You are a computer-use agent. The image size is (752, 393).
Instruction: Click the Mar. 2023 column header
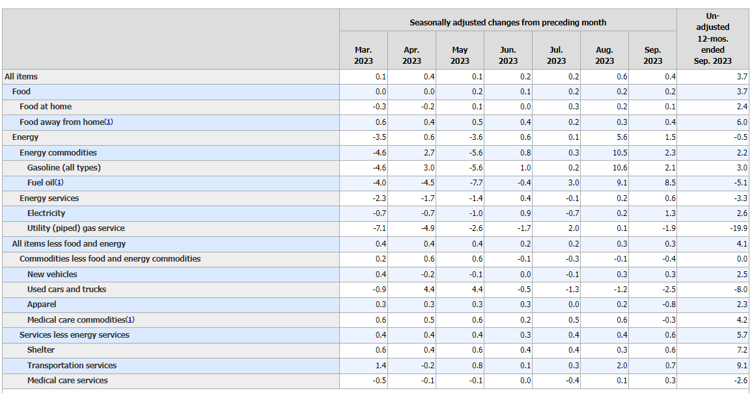click(x=363, y=55)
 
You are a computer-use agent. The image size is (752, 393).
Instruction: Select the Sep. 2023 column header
click(x=653, y=55)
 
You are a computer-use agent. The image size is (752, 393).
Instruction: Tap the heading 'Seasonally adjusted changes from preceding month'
click(x=508, y=23)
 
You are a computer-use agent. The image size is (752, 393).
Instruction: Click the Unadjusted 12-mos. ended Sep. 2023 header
click(x=713, y=38)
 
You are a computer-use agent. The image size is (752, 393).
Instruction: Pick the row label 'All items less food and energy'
click(x=68, y=243)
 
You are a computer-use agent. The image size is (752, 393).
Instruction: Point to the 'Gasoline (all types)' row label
click(x=64, y=168)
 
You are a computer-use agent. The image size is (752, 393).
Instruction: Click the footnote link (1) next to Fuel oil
click(x=59, y=183)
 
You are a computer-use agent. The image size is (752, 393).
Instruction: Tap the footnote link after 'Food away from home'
click(x=109, y=122)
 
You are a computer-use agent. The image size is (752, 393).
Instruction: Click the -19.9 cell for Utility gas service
click(x=738, y=228)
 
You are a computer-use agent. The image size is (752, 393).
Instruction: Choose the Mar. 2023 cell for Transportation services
click(x=381, y=365)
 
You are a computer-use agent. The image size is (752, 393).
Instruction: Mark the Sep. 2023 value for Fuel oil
click(x=670, y=183)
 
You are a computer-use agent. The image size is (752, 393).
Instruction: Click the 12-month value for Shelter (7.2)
click(x=742, y=350)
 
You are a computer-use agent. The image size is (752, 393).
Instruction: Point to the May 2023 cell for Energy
click(x=475, y=137)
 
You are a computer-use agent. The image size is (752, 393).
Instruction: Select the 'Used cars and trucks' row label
click(x=66, y=289)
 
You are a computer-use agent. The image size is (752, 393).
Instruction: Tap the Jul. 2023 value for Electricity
click(x=572, y=213)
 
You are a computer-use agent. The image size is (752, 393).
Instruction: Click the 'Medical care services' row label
click(x=68, y=380)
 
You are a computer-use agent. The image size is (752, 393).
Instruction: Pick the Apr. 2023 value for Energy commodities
click(x=429, y=152)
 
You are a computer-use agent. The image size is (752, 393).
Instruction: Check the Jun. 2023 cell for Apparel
click(x=525, y=305)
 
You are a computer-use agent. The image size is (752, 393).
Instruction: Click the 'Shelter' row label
click(x=41, y=350)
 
